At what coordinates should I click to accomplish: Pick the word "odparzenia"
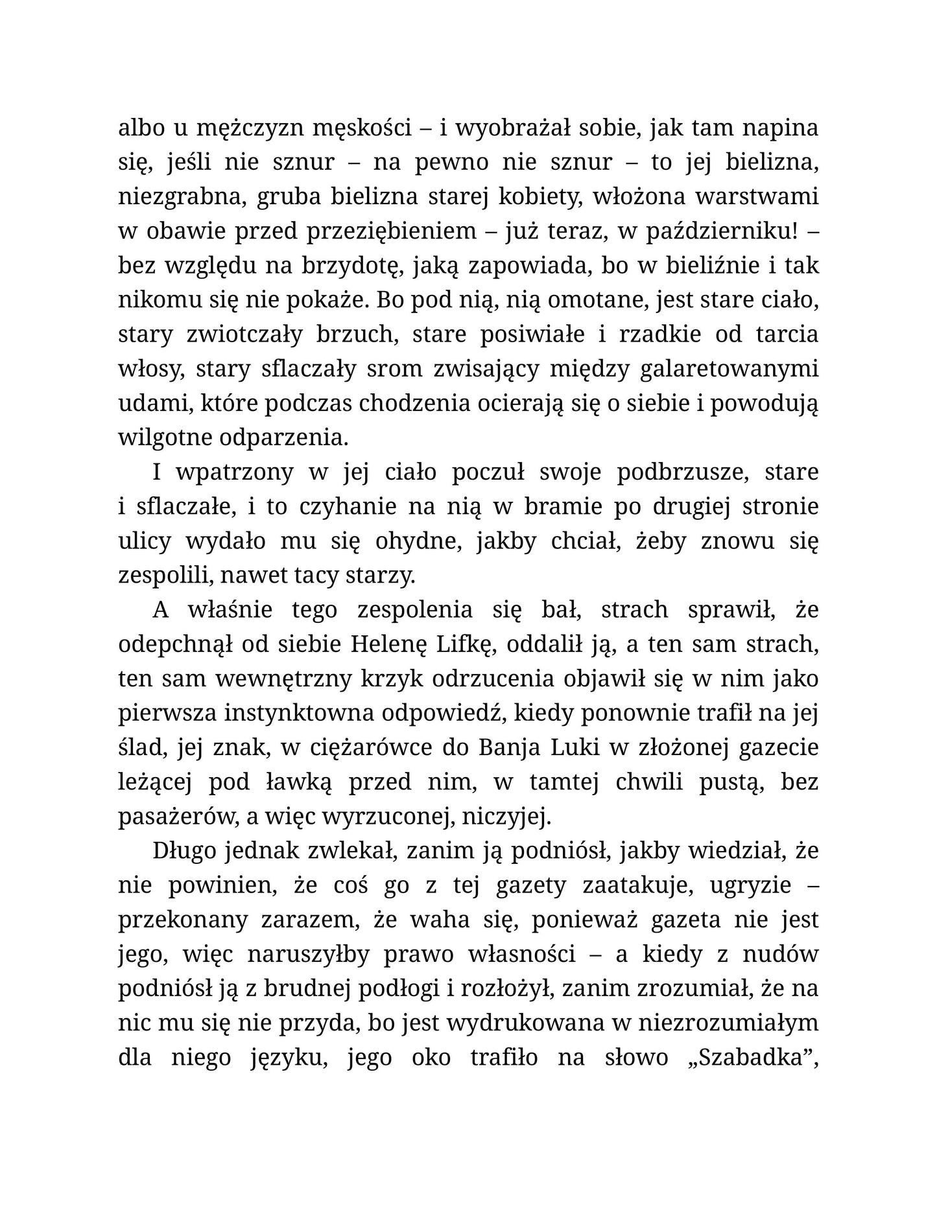[x=284, y=438]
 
